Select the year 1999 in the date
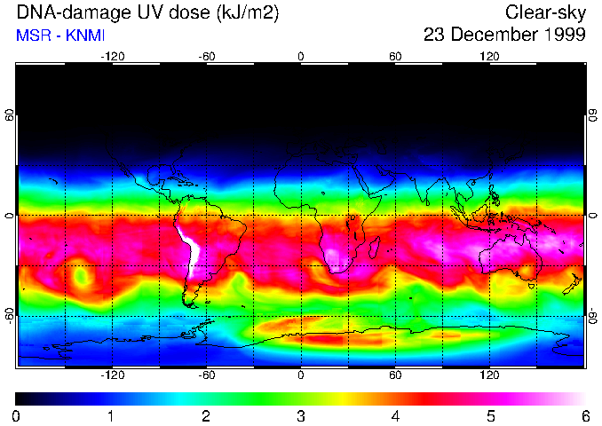point(563,35)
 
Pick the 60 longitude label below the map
point(395,375)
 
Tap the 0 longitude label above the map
point(300,56)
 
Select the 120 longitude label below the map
point(489,375)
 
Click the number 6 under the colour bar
point(584,415)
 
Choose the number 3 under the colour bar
point(300,415)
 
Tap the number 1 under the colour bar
point(110,415)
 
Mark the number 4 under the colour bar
point(395,415)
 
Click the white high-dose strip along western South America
point(189,247)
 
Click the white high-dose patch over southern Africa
point(335,257)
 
